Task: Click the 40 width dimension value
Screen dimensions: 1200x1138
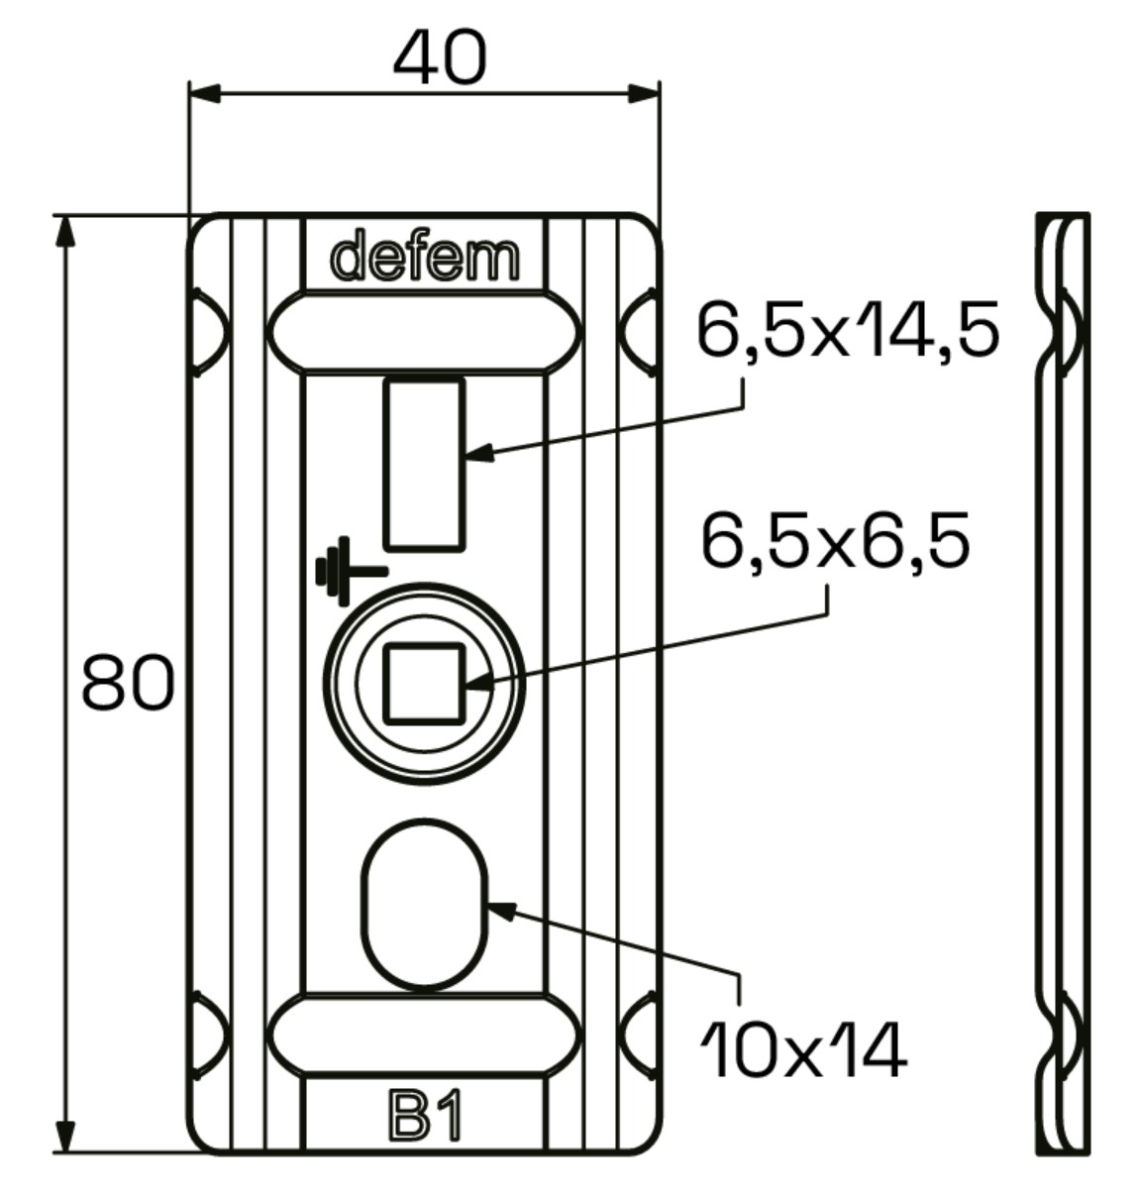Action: (x=439, y=57)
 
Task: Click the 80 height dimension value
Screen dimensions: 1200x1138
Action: (x=127, y=683)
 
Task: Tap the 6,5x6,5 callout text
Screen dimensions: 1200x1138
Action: (x=834, y=542)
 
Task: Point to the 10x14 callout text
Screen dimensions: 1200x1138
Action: (x=803, y=1050)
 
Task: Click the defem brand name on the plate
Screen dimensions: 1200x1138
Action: (x=425, y=258)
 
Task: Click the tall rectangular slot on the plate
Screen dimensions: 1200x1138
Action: (x=424, y=464)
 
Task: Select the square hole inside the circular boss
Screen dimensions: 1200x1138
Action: (x=424, y=683)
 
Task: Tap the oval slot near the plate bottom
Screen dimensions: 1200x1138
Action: (x=425, y=907)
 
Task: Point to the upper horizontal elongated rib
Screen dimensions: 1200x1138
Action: (x=424, y=333)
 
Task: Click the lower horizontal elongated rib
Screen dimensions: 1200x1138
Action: (x=424, y=1035)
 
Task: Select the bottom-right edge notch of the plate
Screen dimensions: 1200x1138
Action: (x=639, y=1035)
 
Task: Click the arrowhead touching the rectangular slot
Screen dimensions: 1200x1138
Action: (x=477, y=455)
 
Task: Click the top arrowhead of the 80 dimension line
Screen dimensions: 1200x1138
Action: (x=65, y=231)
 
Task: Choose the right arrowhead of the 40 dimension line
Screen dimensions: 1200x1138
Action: (x=644, y=93)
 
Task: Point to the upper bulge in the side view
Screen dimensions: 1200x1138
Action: (x=1072, y=332)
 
